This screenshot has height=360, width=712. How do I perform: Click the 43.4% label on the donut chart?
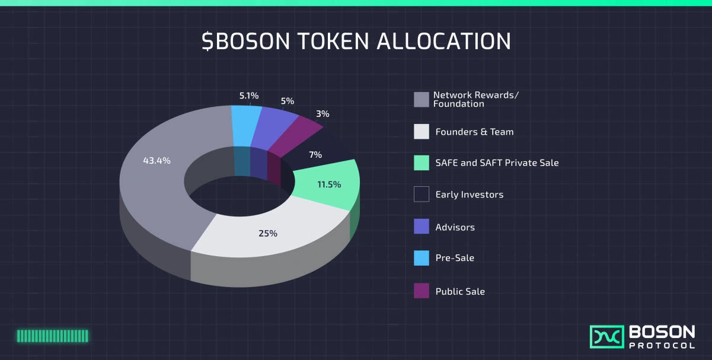[x=157, y=160]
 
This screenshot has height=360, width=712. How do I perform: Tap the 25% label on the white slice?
[x=267, y=233]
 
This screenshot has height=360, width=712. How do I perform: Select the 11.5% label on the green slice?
[x=329, y=184]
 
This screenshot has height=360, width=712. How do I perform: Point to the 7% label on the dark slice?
[x=315, y=155]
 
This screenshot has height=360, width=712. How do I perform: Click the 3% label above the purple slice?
[x=323, y=114]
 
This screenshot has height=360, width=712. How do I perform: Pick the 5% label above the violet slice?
[x=287, y=101]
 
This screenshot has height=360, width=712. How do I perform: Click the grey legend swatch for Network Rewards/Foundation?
[x=421, y=100]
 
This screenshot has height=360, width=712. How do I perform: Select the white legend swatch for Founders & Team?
[x=421, y=132]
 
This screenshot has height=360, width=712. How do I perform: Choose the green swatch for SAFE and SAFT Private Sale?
[x=421, y=163]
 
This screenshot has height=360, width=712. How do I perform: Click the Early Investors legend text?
[x=469, y=195]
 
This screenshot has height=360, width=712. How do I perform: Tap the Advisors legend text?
[x=455, y=227]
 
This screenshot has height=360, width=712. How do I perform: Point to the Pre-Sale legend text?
[x=455, y=258]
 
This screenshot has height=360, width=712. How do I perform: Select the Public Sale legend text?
[x=460, y=291]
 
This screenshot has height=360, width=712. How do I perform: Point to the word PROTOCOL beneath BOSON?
[x=662, y=346]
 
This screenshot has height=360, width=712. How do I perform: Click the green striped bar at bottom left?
[x=52, y=336]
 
